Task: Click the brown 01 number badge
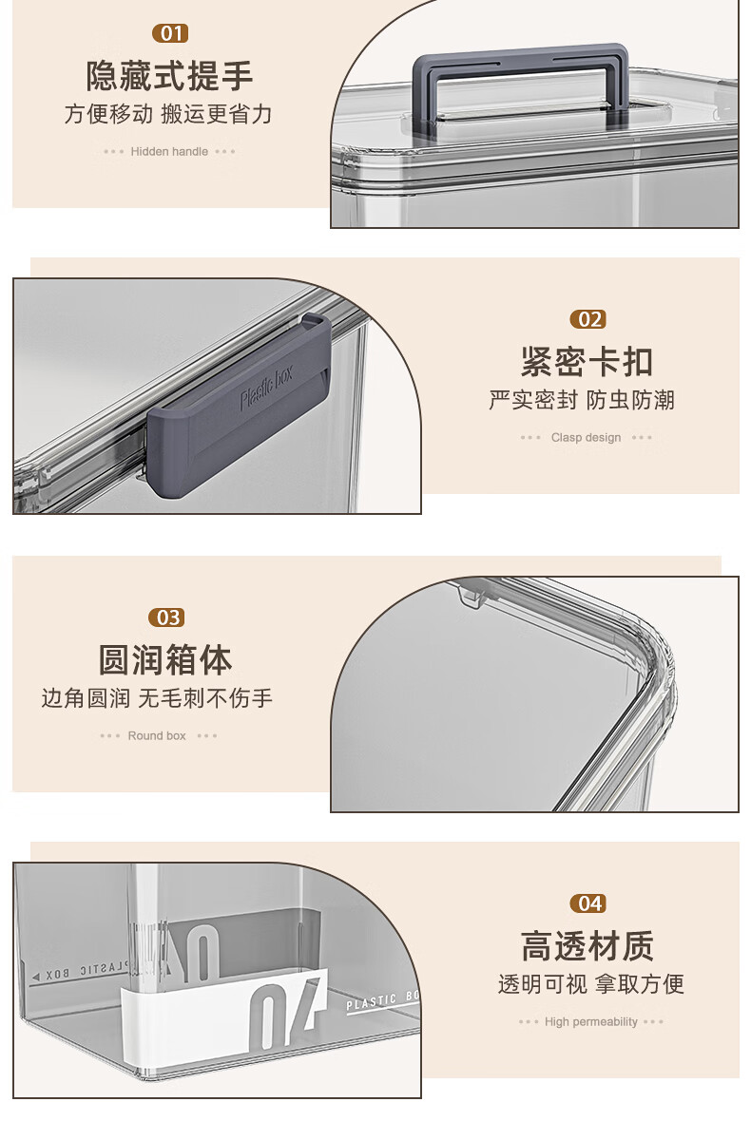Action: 170,33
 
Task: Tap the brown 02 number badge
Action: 588,319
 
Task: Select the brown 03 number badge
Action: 166,617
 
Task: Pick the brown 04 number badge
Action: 588,903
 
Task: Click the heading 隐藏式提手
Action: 169,76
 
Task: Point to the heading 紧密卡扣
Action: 587,362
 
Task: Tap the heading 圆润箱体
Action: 165,660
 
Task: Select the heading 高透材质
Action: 587,946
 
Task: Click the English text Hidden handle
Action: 169,152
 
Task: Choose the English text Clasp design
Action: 586,438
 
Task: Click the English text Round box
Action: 157,736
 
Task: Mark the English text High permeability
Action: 591,1022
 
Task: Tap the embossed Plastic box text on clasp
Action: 266,389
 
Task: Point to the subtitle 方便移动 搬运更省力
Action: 168,114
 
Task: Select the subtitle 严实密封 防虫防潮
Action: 582,400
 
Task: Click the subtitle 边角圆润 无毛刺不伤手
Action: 157,698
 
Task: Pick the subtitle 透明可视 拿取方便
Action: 591,984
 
